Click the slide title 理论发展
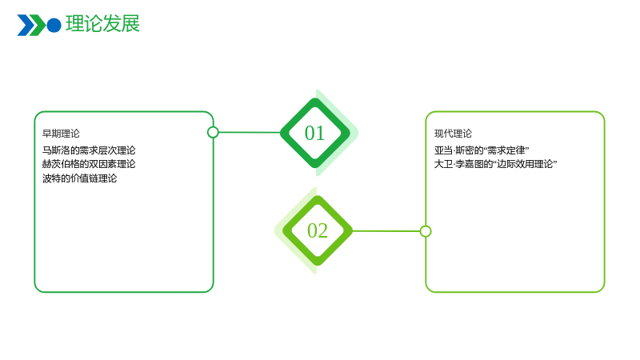(x=102, y=24)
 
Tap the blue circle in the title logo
(x=54, y=26)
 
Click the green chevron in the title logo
(x=38, y=26)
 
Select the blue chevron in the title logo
(x=25, y=26)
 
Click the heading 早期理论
(x=62, y=134)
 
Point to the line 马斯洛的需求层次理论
(x=89, y=150)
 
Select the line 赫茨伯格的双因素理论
(x=89, y=164)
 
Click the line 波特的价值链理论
(x=79, y=178)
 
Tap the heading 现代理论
(x=453, y=134)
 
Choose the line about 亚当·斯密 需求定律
(x=482, y=150)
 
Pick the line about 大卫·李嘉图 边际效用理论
(x=495, y=164)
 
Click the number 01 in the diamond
(x=314, y=133)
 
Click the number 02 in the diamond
(x=318, y=230)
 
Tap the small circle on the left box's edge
(x=213, y=132)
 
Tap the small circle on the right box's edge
(x=426, y=231)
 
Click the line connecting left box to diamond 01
(x=250, y=132)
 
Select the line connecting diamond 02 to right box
(x=386, y=231)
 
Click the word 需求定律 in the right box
(x=506, y=150)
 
